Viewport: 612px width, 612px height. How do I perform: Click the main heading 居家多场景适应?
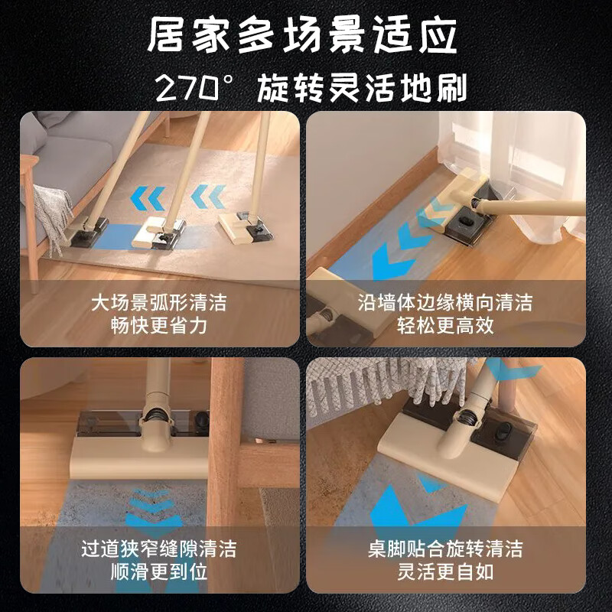pos(306,36)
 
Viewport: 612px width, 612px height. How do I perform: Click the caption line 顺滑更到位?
pos(158,572)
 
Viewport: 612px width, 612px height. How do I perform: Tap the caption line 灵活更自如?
pos(446,572)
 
